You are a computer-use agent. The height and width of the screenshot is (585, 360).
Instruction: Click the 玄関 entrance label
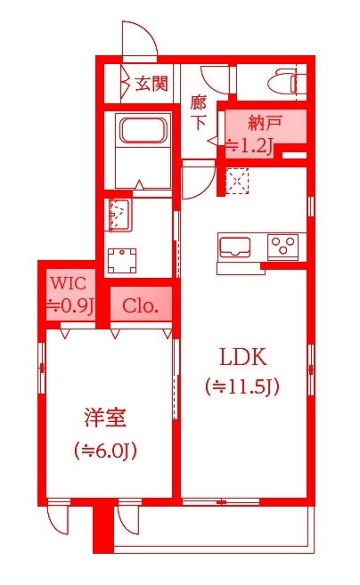(151, 85)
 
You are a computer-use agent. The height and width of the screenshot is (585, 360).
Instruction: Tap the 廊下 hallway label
(199, 112)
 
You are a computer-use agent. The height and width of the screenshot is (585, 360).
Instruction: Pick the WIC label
(69, 284)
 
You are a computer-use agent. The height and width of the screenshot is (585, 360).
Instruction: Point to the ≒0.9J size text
(69, 305)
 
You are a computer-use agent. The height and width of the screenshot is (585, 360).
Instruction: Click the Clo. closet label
(140, 306)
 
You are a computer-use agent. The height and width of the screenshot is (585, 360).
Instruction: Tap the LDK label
(243, 358)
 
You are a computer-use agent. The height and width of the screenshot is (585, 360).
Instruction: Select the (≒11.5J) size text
(243, 386)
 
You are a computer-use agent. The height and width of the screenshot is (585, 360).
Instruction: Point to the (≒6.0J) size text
(105, 451)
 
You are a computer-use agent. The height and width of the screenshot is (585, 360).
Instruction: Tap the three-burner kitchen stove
(285, 242)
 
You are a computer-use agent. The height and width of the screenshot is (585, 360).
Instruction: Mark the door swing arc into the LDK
(196, 183)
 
